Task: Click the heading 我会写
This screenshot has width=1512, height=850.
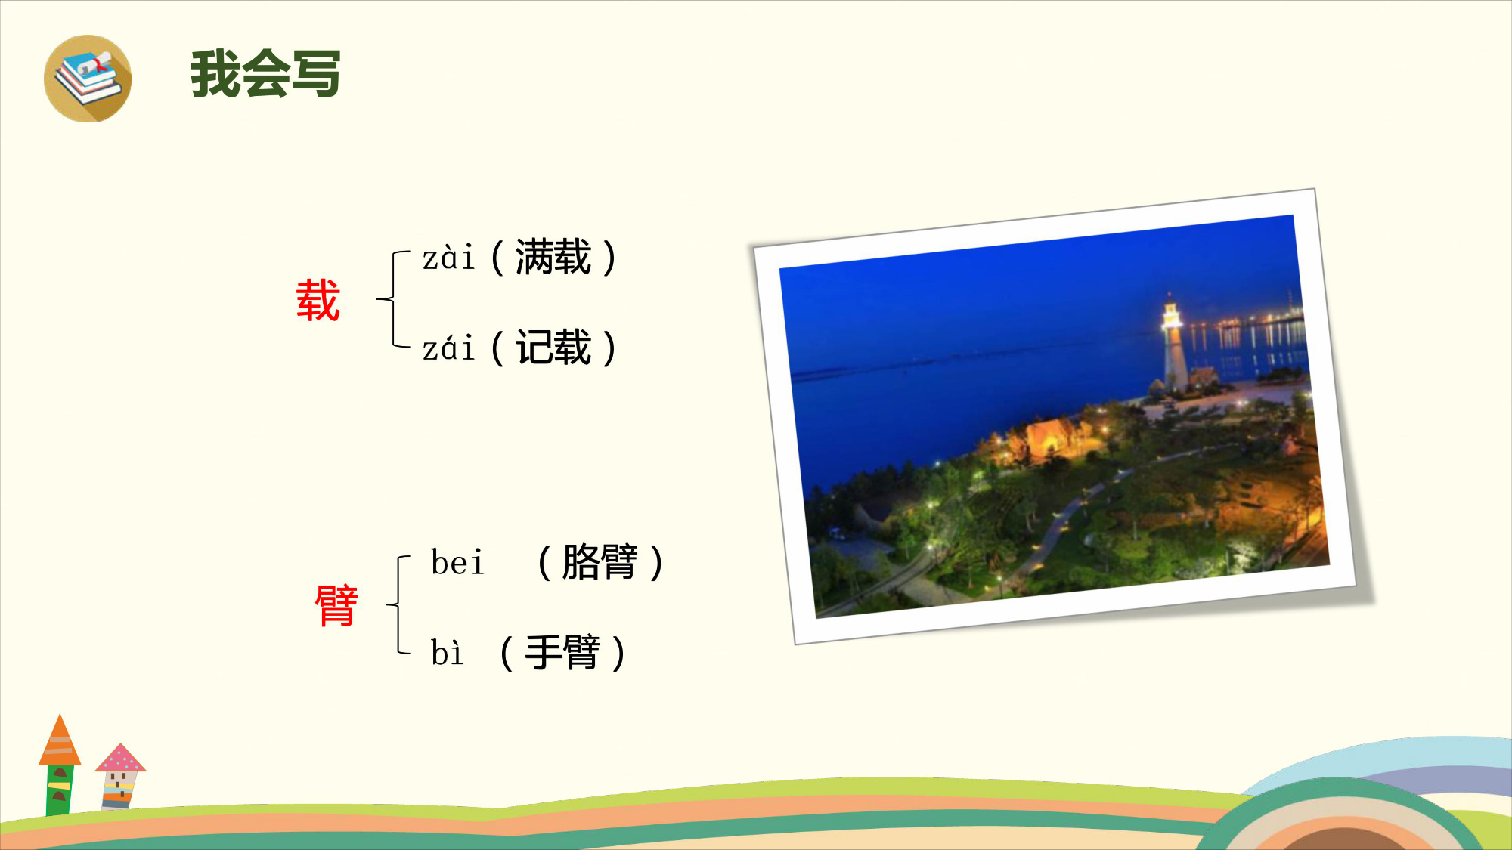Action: (x=265, y=74)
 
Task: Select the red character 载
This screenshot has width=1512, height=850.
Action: (x=318, y=300)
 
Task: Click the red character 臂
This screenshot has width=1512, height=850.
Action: (x=336, y=605)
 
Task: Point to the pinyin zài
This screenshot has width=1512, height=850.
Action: (x=448, y=258)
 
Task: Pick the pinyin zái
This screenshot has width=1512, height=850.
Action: (x=448, y=348)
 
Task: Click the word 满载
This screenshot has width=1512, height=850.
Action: (x=553, y=257)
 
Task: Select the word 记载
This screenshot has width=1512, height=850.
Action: (x=553, y=348)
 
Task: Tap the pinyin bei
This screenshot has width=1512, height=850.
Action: (x=457, y=562)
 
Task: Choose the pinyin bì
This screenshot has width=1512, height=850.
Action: (x=446, y=653)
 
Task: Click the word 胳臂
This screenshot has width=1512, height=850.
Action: (x=600, y=561)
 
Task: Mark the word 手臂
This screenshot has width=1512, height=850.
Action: (x=562, y=652)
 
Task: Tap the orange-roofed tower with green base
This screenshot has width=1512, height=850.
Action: (x=60, y=765)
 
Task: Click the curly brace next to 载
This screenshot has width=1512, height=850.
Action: (x=393, y=299)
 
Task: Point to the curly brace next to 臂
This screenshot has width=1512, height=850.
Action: (x=398, y=604)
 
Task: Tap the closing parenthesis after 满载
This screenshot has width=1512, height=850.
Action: (x=609, y=258)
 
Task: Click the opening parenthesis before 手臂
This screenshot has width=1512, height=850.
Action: (x=507, y=653)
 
